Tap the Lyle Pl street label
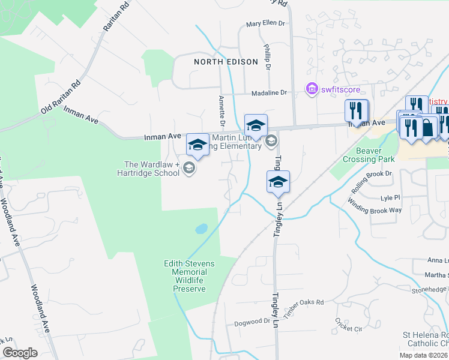[x=390, y=197]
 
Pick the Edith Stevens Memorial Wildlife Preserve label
[x=189, y=276]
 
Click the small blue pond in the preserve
[x=202, y=229]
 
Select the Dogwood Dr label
[x=252, y=321]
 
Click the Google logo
[x=20, y=353]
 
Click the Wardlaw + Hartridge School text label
[x=151, y=169]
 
